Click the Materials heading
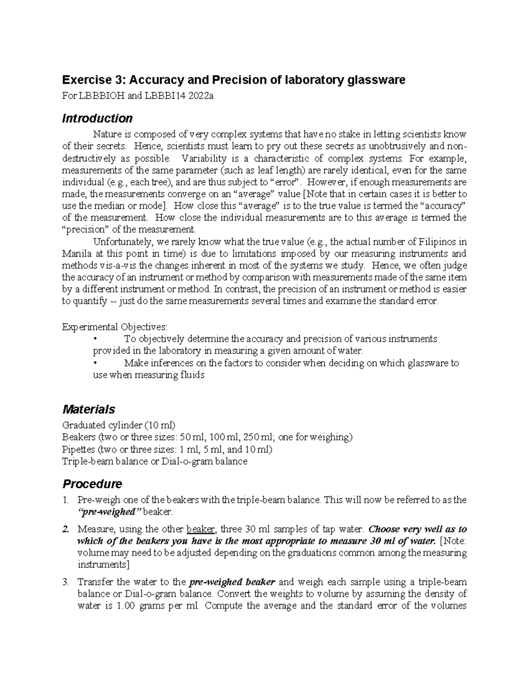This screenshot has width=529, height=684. click(x=89, y=409)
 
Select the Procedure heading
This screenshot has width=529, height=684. click(x=92, y=484)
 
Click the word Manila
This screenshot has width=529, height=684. click(x=77, y=254)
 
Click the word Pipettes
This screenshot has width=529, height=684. click(x=78, y=449)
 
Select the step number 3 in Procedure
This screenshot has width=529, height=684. click(x=66, y=582)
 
